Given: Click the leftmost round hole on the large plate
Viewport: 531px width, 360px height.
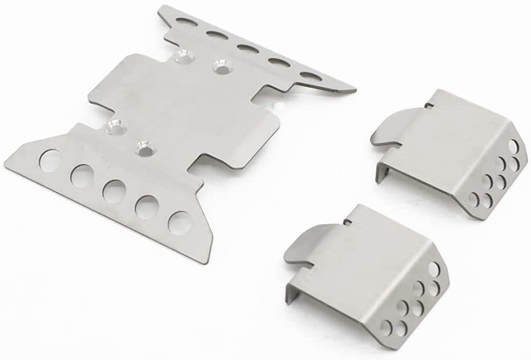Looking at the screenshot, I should tap(48, 159).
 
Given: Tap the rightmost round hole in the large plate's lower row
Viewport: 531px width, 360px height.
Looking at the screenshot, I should tap(179, 221).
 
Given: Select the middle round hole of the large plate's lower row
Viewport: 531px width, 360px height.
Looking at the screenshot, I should tap(113, 191).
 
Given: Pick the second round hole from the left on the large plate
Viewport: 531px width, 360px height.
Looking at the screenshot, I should tap(82, 175).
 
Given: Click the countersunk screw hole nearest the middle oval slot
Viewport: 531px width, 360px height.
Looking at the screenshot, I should tap(218, 66).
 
